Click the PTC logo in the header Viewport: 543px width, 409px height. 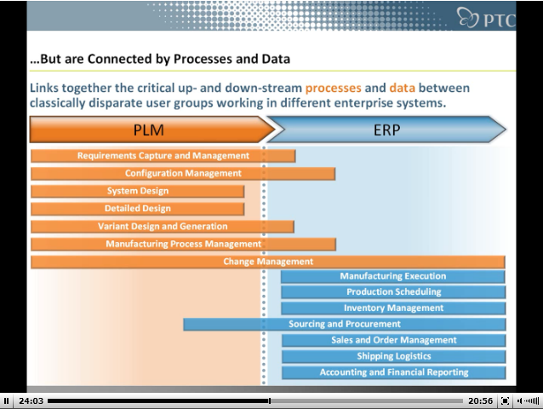click(x=486, y=17)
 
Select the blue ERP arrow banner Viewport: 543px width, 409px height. click(x=386, y=130)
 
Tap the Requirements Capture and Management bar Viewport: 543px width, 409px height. click(x=163, y=156)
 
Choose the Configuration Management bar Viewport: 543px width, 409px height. click(x=183, y=174)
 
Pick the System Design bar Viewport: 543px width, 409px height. click(x=138, y=192)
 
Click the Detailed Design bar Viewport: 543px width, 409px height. click(x=138, y=209)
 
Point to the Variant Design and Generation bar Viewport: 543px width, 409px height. click(x=163, y=227)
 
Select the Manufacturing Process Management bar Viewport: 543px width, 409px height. click(x=183, y=245)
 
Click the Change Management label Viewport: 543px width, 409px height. click(x=268, y=262)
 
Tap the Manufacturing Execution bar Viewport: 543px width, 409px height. click(x=393, y=277)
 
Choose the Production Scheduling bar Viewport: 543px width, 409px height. click(x=393, y=292)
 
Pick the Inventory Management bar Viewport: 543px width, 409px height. click(x=393, y=308)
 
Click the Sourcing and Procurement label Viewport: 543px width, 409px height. click(x=345, y=324)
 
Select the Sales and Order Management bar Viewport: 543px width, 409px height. click(x=394, y=340)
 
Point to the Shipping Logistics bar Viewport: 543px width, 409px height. click(x=394, y=356)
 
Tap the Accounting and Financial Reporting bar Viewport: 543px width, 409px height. click(x=394, y=372)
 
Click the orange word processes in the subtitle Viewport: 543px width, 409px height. click(x=333, y=89)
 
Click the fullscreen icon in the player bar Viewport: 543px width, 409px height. click(x=505, y=401)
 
